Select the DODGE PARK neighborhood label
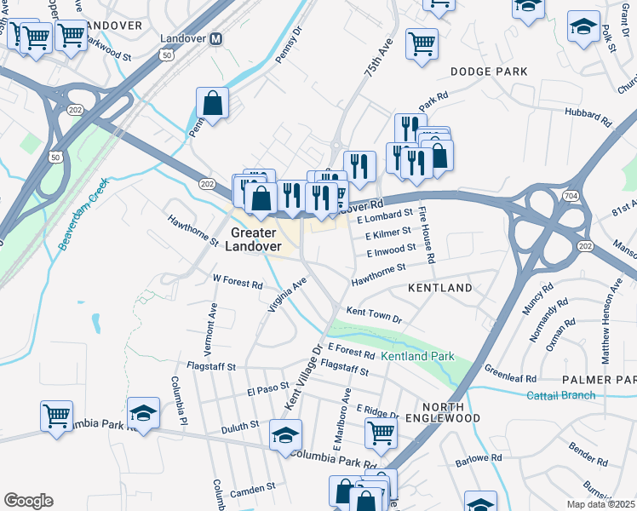pyautogui.click(x=489, y=72)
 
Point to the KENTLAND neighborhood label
pyautogui.click(x=440, y=289)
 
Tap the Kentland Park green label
pyautogui.click(x=417, y=355)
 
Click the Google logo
pyautogui.click(x=28, y=501)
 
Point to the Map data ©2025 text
pyautogui.click(x=601, y=504)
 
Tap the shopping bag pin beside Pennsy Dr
pyautogui.click(x=212, y=104)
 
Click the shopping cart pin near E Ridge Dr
pyautogui.click(x=381, y=432)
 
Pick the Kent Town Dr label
pyautogui.click(x=372, y=315)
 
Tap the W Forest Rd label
pyautogui.click(x=238, y=280)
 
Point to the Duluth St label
pyautogui.click(x=238, y=424)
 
